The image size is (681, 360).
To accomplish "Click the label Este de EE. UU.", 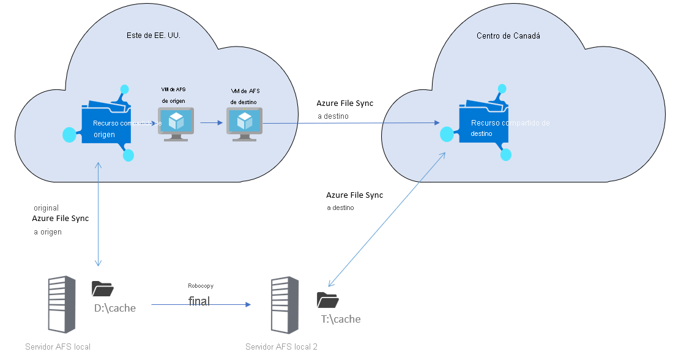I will coord(153,35).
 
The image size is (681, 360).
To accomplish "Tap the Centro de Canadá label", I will coord(508,36).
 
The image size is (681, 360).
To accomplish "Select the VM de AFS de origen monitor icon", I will coord(176,124).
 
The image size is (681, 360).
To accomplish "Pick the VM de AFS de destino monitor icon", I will coord(244,124).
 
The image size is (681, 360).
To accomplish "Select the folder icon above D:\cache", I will coord(103,289).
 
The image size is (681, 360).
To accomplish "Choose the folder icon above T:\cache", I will coord(328,299).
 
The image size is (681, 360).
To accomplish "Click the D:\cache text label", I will coord(114,308).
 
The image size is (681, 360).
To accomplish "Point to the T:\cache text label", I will coord(341,319).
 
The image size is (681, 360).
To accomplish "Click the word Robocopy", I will coord(201,286).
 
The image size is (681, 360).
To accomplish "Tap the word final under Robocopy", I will coord(199,301).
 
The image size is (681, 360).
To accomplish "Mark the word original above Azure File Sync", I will coord(47,208).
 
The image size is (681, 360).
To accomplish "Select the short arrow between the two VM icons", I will coord(210,122).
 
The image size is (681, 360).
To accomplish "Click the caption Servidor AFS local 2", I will coord(281,347).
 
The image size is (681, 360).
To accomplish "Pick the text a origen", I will coord(48,232).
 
